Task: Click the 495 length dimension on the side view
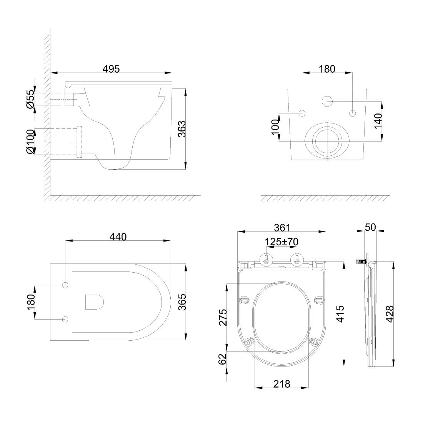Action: click(111, 69)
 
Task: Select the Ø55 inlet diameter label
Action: click(30, 99)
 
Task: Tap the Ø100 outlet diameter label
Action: click(30, 142)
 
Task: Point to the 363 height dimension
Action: click(182, 129)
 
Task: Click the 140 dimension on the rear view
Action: click(378, 121)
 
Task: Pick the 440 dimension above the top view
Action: click(118, 237)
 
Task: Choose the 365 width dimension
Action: click(182, 302)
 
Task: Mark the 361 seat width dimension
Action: click(282, 228)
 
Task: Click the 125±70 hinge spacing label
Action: click(281, 242)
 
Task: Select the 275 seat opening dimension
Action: click(223, 318)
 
